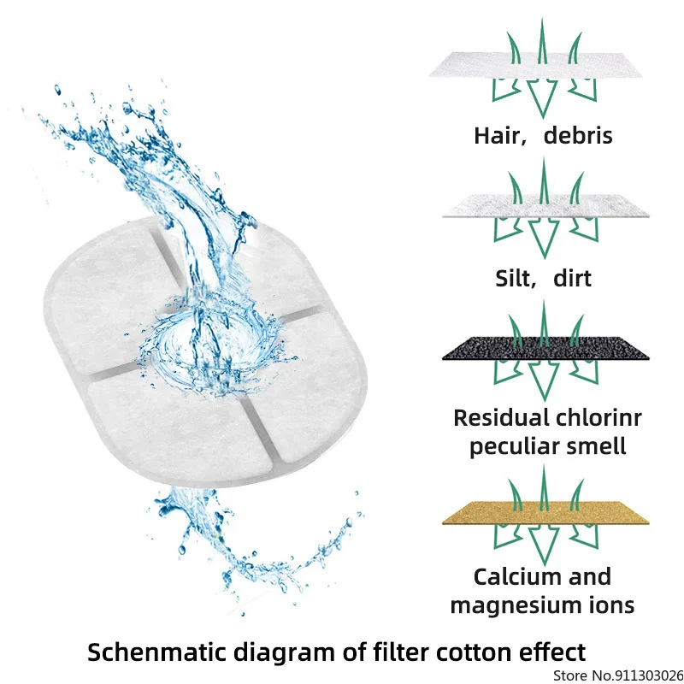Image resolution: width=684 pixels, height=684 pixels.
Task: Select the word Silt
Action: click(x=516, y=278)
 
